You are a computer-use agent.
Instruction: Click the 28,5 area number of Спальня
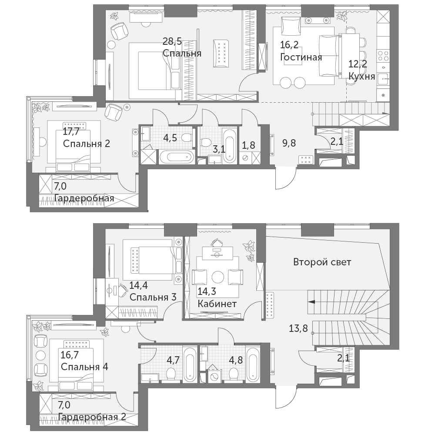172,42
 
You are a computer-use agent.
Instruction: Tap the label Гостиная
301,57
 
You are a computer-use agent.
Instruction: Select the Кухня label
362,76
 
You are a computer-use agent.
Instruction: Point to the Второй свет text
322,262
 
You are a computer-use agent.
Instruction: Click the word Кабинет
217,304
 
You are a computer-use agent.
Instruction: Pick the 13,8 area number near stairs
298,328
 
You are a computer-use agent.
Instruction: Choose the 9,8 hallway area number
289,143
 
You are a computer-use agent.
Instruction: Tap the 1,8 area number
248,145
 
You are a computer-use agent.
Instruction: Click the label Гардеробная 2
92,417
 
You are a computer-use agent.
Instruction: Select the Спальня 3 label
153,297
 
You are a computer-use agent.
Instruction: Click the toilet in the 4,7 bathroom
170,374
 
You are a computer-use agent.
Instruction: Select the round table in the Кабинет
218,277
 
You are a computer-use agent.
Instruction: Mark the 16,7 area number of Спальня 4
70,355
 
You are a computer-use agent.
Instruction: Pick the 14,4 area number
139,285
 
